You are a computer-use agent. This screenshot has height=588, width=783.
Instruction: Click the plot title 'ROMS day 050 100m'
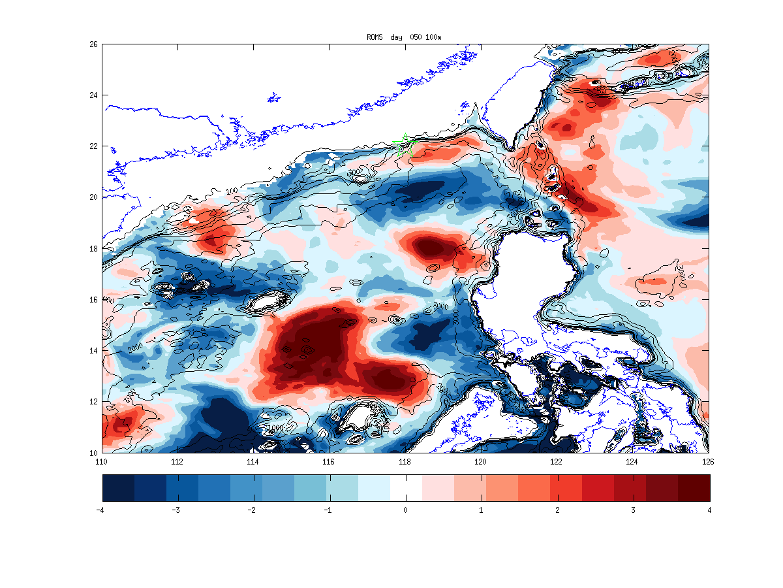coord(405,37)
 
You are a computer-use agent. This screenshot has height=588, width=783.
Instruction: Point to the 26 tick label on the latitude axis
coord(94,44)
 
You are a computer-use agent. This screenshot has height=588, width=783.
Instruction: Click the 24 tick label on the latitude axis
coord(94,95)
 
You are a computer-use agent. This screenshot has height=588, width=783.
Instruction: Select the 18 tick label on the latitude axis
coord(94,248)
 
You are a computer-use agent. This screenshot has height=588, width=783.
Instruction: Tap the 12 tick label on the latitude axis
coord(94,402)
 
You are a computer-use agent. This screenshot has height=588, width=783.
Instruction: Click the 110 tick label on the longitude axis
coord(101,461)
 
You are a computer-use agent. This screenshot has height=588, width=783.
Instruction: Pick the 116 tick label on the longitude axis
coord(329,461)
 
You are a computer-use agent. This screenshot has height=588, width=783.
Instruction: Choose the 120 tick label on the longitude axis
coord(481,461)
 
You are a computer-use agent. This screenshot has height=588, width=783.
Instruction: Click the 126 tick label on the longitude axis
coord(709,461)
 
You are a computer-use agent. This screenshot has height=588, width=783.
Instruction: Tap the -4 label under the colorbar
coord(100,510)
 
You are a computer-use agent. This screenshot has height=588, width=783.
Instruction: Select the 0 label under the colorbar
coord(405,510)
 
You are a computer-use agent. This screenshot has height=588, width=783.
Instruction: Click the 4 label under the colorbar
coord(709,510)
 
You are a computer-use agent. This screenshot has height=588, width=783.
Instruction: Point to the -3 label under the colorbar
coord(176,510)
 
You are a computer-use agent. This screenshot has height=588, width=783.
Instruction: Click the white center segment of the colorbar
coord(406,487)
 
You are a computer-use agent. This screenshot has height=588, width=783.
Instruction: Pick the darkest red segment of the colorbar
coord(694,487)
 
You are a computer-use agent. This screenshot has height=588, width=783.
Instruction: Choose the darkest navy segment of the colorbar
coord(118,487)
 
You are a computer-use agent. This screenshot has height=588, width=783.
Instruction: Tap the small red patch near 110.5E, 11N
coord(121,423)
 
